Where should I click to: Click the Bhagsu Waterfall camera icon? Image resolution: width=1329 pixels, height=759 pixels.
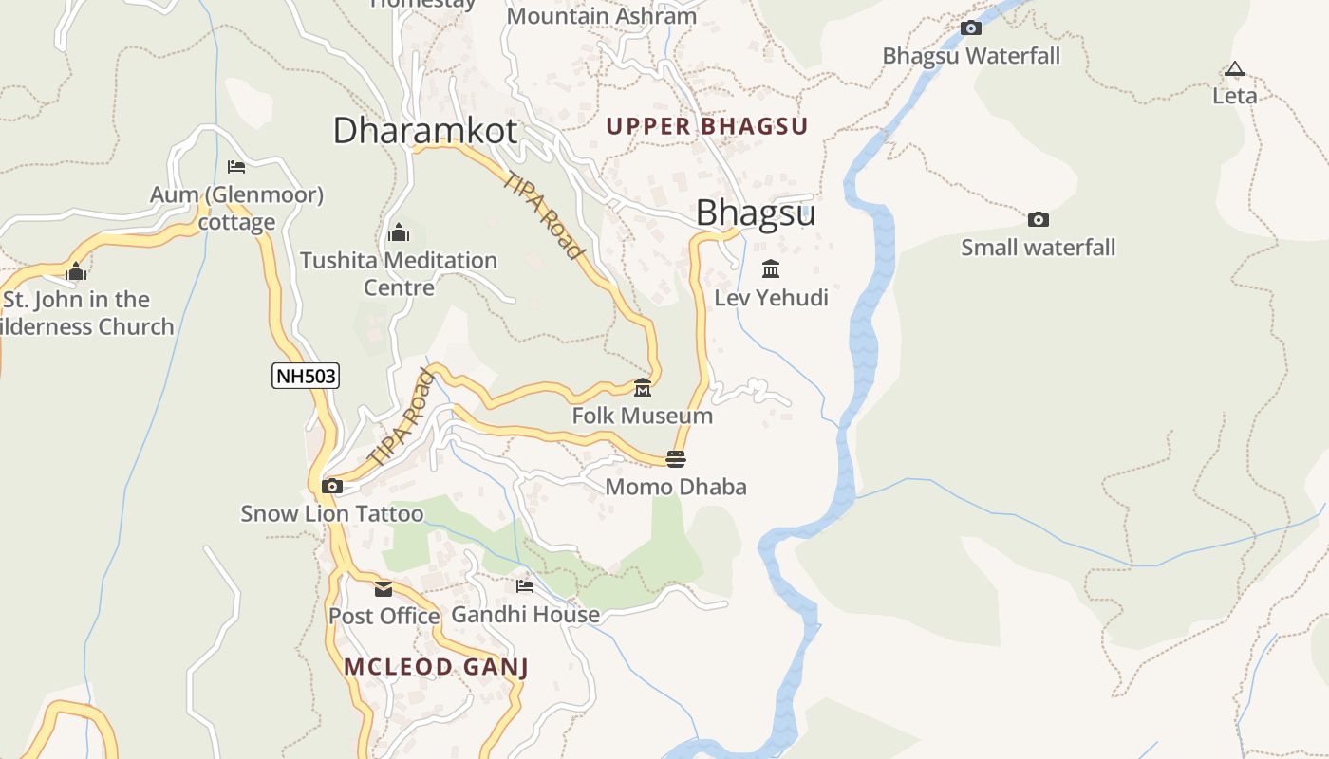coord(970,28)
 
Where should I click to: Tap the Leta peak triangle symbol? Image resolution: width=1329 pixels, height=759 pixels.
coord(1234,69)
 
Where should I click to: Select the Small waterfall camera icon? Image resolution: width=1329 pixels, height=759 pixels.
coord(1038,220)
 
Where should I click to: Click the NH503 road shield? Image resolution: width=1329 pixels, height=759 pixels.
coord(305,376)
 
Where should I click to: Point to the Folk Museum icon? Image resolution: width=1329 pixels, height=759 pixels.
coord(643,388)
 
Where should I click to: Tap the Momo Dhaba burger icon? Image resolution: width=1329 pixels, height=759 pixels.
coord(676,459)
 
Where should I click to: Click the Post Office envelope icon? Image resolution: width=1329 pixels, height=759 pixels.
coord(384,589)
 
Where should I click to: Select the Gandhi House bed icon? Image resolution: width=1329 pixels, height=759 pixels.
coord(525,586)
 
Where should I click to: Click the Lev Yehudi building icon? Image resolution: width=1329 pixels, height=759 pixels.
coord(771,269)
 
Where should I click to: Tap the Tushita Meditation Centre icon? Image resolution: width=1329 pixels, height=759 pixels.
coord(399,232)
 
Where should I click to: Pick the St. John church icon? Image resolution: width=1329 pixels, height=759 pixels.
coord(76,272)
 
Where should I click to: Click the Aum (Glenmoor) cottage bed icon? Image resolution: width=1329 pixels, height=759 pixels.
coord(236,167)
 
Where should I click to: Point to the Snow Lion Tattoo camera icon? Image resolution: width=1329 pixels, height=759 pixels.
coord(331,487)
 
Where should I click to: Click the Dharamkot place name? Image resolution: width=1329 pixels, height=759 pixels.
coord(425,131)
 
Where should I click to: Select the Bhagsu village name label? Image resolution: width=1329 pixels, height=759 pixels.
coord(756,213)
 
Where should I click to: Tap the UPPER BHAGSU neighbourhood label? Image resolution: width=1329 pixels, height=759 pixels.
coord(706,126)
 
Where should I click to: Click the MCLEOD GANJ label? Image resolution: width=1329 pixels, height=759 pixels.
coord(436,667)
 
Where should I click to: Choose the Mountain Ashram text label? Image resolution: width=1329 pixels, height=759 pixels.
coord(602,16)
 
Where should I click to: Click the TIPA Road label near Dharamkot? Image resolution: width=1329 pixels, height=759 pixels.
coord(544,215)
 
